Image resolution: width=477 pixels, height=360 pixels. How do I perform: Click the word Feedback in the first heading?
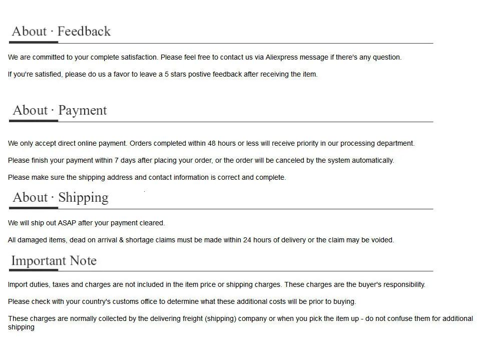(x=84, y=32)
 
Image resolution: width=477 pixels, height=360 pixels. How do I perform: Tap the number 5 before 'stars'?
(x=167, y=74)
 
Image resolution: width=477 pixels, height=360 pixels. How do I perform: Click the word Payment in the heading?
(x=83, y=110)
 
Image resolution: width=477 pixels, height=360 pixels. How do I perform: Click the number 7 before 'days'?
(x=117, y=160)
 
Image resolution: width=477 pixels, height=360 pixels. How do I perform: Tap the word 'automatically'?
(x=372, y=160)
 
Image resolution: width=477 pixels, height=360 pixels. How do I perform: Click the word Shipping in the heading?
(x=83, y=197)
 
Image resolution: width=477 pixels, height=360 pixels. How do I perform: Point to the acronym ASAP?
(x=67, y=223)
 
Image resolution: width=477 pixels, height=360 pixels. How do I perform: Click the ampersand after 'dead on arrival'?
(x=121, y=240)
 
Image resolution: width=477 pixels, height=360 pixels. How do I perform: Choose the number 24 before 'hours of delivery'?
(x=247, y=240)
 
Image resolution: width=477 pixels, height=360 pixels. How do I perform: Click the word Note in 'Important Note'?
(x=83, y=261)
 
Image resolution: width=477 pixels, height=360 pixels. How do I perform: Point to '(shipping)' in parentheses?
(x=220, y=318)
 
